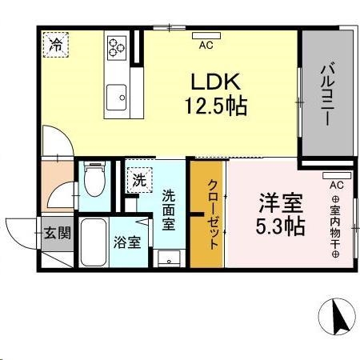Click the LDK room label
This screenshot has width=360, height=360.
[x=212, y=82]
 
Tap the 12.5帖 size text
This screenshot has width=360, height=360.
[x=212, y=106]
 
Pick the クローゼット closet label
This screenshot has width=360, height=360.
[x=213, y=214]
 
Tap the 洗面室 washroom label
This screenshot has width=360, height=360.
[x=170, y=210]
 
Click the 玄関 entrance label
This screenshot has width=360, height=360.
[x=57, y=233]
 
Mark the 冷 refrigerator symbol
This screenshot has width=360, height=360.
[x=56, y=42]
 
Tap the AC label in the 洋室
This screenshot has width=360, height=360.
[x=335, y=185]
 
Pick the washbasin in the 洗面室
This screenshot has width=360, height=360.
[x=169, y=258]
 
